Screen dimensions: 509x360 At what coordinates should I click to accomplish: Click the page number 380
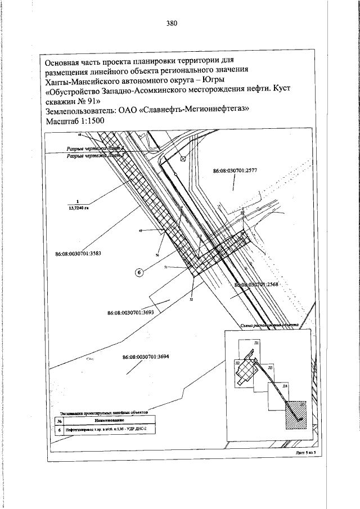[x=172, y=23]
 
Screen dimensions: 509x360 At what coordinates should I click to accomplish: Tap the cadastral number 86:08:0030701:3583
[x=78, y=254]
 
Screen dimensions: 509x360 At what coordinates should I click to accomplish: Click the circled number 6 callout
[x=139, y=273]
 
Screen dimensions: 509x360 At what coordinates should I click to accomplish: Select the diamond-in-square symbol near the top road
[x=182, y=160]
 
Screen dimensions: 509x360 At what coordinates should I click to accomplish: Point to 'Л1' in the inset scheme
[x=256, y=343]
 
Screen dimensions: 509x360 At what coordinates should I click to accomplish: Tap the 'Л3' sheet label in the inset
[x=271, y=367]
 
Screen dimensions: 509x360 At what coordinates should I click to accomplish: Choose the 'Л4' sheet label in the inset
[x=285, y=387]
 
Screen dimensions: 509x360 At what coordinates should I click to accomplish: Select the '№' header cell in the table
[x=59, y=420]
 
